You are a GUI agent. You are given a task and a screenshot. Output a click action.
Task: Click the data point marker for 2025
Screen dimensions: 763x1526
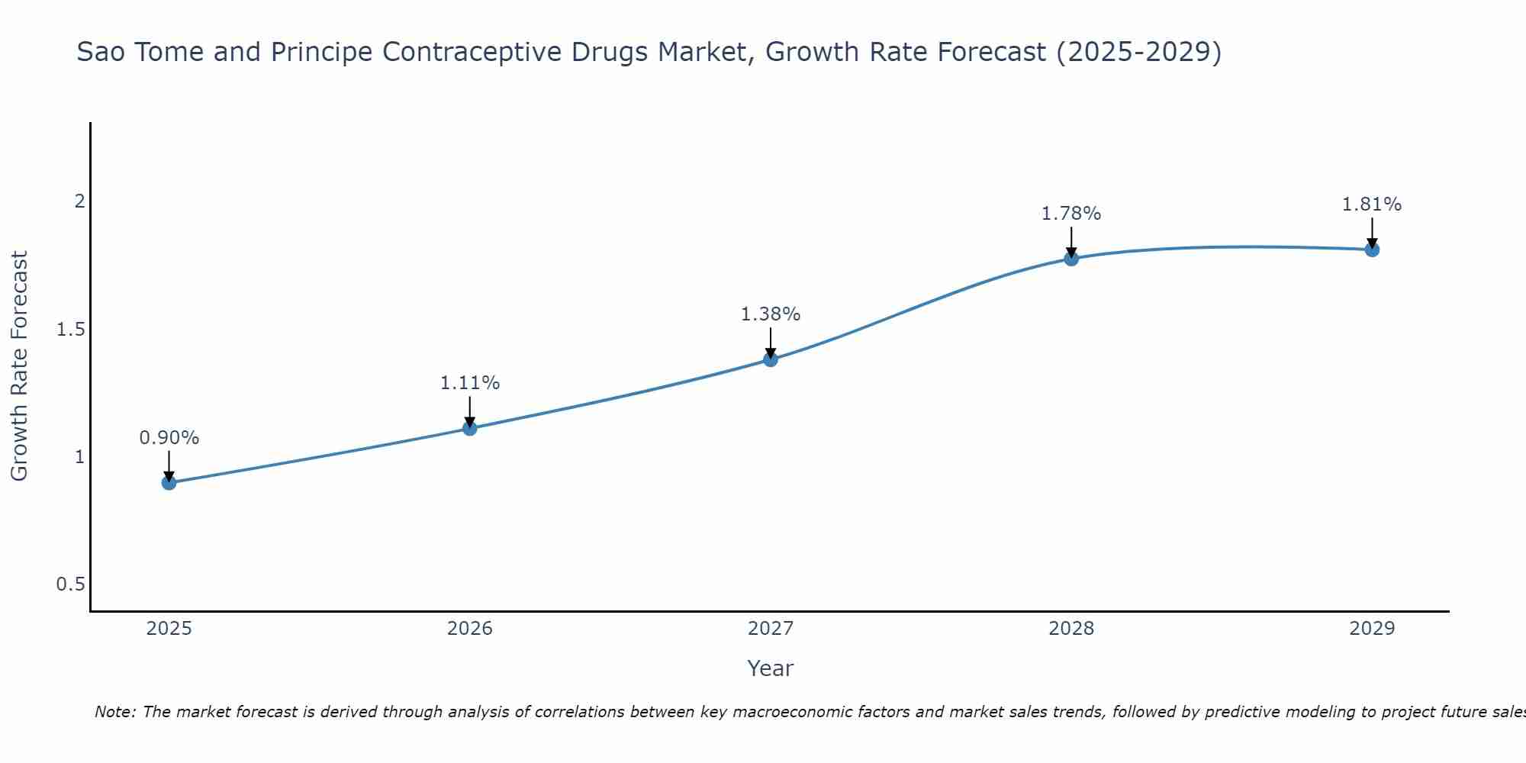(x=169, y=482)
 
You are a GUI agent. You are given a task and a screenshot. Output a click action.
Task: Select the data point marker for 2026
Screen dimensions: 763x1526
(x=470, y=428)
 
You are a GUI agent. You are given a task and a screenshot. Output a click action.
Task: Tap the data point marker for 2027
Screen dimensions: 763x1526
(x=771, y=359)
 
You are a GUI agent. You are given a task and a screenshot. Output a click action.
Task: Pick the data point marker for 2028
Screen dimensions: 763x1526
(x=1071, y=258)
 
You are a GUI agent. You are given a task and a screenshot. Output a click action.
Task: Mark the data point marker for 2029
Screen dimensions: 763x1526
(x=1372, y=250)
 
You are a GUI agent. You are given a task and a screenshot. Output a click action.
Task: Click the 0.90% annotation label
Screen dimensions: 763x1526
(x=169, y=438)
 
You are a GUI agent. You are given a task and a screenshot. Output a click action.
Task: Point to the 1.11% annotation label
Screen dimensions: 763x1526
(x=470, y=383)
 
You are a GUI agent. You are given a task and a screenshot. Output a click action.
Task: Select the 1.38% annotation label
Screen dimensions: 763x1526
(x=771, y=314)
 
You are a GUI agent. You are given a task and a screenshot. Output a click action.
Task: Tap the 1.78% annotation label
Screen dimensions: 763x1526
(x=1071, y=214)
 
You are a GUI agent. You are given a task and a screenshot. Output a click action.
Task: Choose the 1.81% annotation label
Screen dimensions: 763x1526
(x=1372, y=204)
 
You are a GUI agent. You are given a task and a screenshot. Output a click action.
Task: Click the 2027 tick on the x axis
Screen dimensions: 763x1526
(x=771, y=629)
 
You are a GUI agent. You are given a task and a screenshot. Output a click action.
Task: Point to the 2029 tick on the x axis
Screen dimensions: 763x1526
(x=1372, y=629)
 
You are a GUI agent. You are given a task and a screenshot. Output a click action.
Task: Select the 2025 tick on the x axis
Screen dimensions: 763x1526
(x=169, y=629)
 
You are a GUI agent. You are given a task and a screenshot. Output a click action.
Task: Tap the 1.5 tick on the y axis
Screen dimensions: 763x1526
(x=70, y=330)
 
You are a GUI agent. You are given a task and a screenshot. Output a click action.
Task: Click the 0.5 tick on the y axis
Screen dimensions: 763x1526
(x=70, y=584)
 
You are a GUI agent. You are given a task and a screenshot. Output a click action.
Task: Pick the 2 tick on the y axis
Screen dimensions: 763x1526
(x=79, y=201)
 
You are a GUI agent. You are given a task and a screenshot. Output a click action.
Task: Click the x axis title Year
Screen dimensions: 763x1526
(x=771, y=668)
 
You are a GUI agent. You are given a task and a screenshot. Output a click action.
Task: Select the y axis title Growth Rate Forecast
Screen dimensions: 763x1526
(x=19, y=366)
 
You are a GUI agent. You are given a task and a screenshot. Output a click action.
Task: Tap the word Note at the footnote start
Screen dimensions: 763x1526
(x=114, y=712)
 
